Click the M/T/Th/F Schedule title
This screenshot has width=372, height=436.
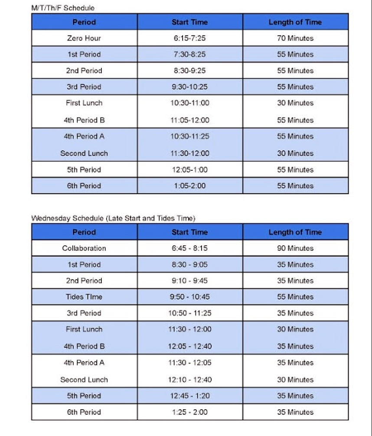[x=63, y=8]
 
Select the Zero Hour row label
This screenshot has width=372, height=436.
[x=84, y=38]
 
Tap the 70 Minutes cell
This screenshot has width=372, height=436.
[x=295, y=38]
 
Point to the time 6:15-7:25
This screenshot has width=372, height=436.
[x=189, y=38]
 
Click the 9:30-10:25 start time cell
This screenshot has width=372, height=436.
[x=189, y=87]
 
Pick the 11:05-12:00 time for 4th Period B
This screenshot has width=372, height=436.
[x=189, y=120]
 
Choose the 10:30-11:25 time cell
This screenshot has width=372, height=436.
[x=189, y=136]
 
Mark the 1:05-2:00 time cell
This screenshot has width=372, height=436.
[x=189, y=185]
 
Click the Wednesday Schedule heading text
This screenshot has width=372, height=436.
[x=113, y=218]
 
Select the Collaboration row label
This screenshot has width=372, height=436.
[x=84, y=248]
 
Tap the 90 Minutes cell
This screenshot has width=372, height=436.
[x=295, y=248]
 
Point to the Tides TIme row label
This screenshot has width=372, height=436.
[x=84, y=297]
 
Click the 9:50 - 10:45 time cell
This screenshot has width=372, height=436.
[x=189, y=297]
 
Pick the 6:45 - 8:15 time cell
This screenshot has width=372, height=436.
[x=189, y=248]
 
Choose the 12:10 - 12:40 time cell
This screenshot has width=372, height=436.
[x=189, y=380]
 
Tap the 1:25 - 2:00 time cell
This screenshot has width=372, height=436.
[x=189, y=412]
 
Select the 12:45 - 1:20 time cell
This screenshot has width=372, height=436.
[x=189, y=396]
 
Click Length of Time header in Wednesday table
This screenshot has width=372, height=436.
[x=295, y=232]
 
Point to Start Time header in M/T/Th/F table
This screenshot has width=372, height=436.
[x=189, y=22]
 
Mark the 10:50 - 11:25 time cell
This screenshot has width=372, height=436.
[x=189, y=313]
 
